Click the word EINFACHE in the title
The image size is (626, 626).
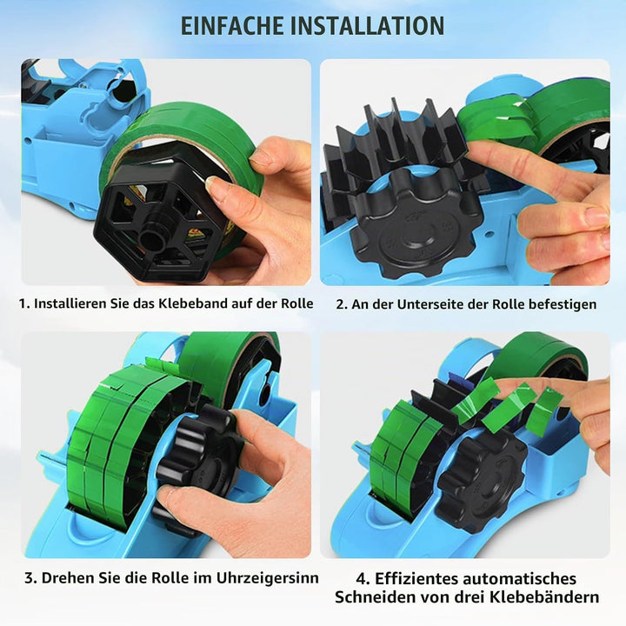click(x=232, y=25)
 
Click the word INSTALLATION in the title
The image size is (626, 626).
click(x=367, y=25)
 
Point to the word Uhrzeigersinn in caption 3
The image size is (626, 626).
click(x=268, y=578)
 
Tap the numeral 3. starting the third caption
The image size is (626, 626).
click(x=30, y=578)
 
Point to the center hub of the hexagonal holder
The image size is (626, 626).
click(x=151, y=238)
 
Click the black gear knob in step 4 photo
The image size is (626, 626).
click(x=483, y=480)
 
